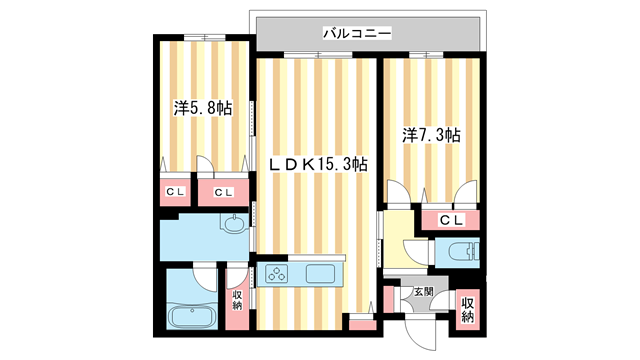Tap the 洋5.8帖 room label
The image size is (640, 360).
(202, 107)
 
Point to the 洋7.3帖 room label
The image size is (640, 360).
(431, 133)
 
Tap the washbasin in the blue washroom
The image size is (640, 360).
(232, 225)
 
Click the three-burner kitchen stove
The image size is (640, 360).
(277, 274)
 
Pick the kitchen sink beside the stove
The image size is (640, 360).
(323, 274)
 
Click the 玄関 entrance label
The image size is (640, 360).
(423, 293)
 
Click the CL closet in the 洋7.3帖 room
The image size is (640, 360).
(449, 220)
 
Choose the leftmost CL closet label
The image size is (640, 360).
(175, 192)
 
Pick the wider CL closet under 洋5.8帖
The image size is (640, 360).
(222, 192)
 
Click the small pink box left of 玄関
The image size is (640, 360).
(388, 299)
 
